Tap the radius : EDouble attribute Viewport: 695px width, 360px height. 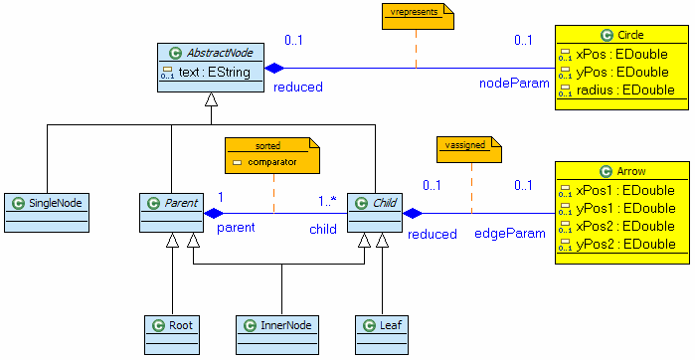624,90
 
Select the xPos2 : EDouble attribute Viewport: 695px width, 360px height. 624,226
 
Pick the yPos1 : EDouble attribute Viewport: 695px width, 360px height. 624,208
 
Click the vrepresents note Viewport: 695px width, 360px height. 416,15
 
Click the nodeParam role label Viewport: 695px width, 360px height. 514,85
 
